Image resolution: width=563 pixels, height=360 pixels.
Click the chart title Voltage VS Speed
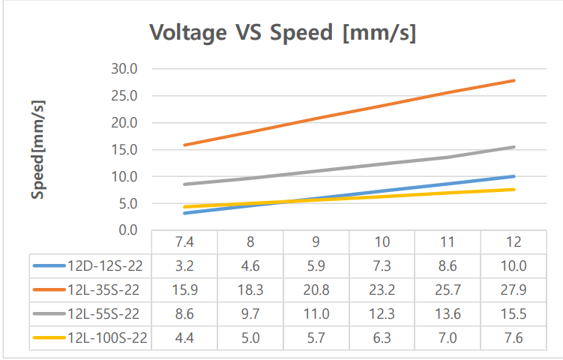click(x=283, y=33)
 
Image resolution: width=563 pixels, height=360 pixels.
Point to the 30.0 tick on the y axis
click(x=124, y=69)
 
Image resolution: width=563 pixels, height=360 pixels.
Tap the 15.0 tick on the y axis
click(x=124, y=150)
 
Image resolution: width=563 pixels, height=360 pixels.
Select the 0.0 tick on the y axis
click(x=127, y=230)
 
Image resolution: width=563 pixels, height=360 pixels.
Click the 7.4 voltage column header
click(x=184, y=242)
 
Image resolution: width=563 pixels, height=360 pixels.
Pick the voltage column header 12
click(x=514, y=242)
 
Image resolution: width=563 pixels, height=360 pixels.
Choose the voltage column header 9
click(x=316, y=242)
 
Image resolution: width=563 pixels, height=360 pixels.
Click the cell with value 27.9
click(x=514, y=289)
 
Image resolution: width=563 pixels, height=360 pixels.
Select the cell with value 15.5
click(x=514, y=314)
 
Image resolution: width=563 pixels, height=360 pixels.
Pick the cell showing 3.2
click(x=184, y=265)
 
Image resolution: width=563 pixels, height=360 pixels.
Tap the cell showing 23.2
click(x=382, y=289)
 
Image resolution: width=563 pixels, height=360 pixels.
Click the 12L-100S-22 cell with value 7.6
click(x=514, y=339)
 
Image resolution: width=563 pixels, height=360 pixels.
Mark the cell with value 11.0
click(x=316, y=314)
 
